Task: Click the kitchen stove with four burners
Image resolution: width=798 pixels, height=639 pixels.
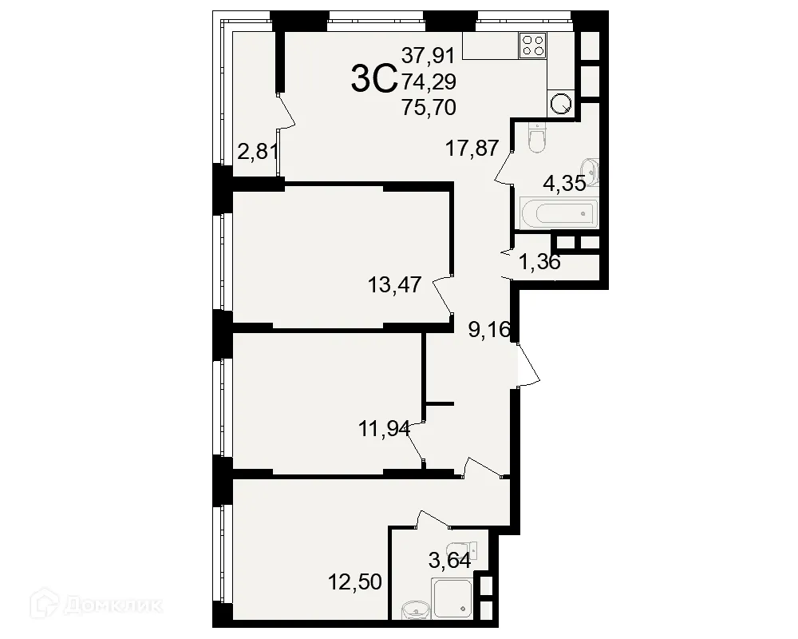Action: pos(532,46)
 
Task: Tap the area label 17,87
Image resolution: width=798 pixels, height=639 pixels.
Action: pos(472,148)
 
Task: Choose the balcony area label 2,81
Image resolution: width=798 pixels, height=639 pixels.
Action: pos(258,150)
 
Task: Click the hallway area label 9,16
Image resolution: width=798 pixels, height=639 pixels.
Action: pos(489,329)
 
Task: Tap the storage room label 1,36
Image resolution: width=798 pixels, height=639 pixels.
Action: pos(539,261)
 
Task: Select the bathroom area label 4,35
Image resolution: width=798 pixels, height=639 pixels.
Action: pos(565,183)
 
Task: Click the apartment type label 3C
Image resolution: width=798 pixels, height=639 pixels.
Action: pos(374,78)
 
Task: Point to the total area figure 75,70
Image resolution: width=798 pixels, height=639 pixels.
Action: pos(429,107)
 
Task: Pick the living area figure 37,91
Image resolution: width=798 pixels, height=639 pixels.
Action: pos(429,56)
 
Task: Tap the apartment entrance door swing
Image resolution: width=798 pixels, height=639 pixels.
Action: pos(527,366)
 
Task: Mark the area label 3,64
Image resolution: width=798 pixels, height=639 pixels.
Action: pos(449,561)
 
